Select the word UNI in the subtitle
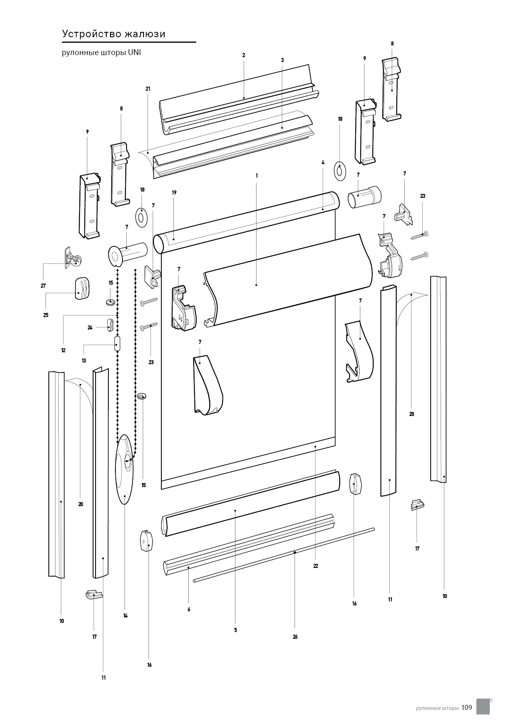click(x=134, y=53)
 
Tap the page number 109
click(x=467, y=707)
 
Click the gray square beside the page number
click(x=483, y=707)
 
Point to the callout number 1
click(x=256, y=175)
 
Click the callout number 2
click(x=244, y=55)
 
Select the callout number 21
click(x=148, y=89)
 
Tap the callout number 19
click(x=174, y=192)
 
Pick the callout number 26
click(x=295, y=637)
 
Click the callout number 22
click(x=316, y=566)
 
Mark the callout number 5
click(x=235, y=630)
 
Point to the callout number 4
click(x=323, y=163)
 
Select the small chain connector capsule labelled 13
click(x=117, y=344)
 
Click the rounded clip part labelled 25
click(x=82, y=288)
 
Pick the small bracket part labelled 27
click(x=73, y=259)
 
